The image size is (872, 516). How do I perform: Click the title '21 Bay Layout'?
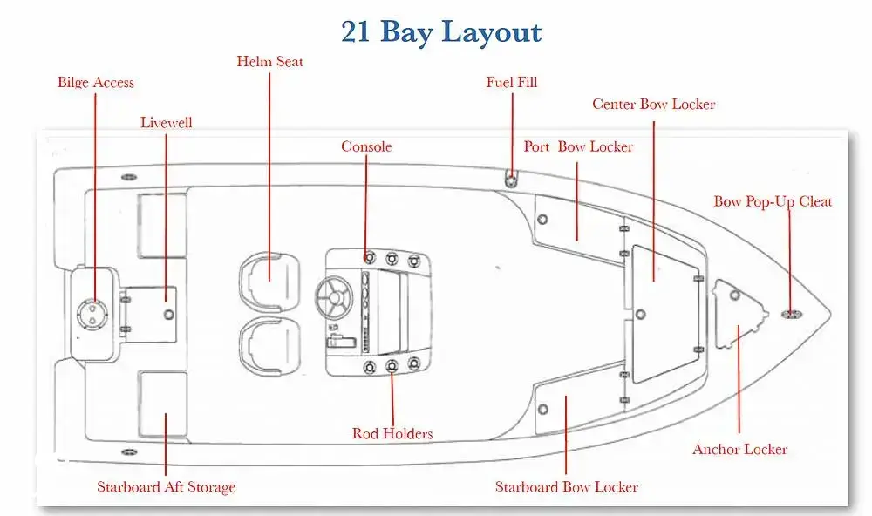(x=441, y=32)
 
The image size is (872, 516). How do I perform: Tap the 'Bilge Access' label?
(x=96, y=83)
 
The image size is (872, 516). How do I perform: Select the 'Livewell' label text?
(x=167, y=123)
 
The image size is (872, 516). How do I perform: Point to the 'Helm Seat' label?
(x=270, y=62)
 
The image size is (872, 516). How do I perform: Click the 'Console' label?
(x=366, y=147)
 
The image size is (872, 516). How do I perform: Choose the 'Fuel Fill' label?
(x=512, y=83)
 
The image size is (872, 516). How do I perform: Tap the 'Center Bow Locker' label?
(x=654, y=105)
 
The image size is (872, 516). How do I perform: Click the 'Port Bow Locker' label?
(x=578, y=146)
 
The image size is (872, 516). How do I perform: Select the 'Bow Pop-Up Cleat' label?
(x=773, y=202)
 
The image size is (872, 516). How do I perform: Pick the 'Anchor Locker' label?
(x=740, y=450)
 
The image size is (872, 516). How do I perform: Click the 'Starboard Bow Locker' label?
(x=567, y=487)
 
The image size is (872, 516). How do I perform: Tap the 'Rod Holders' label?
(x=392, y=433)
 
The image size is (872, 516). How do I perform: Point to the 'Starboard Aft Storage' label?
(x=167, y=487)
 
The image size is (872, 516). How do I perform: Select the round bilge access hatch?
(x=91, y=311)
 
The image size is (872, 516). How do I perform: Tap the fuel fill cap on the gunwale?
(x=512, y=180)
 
